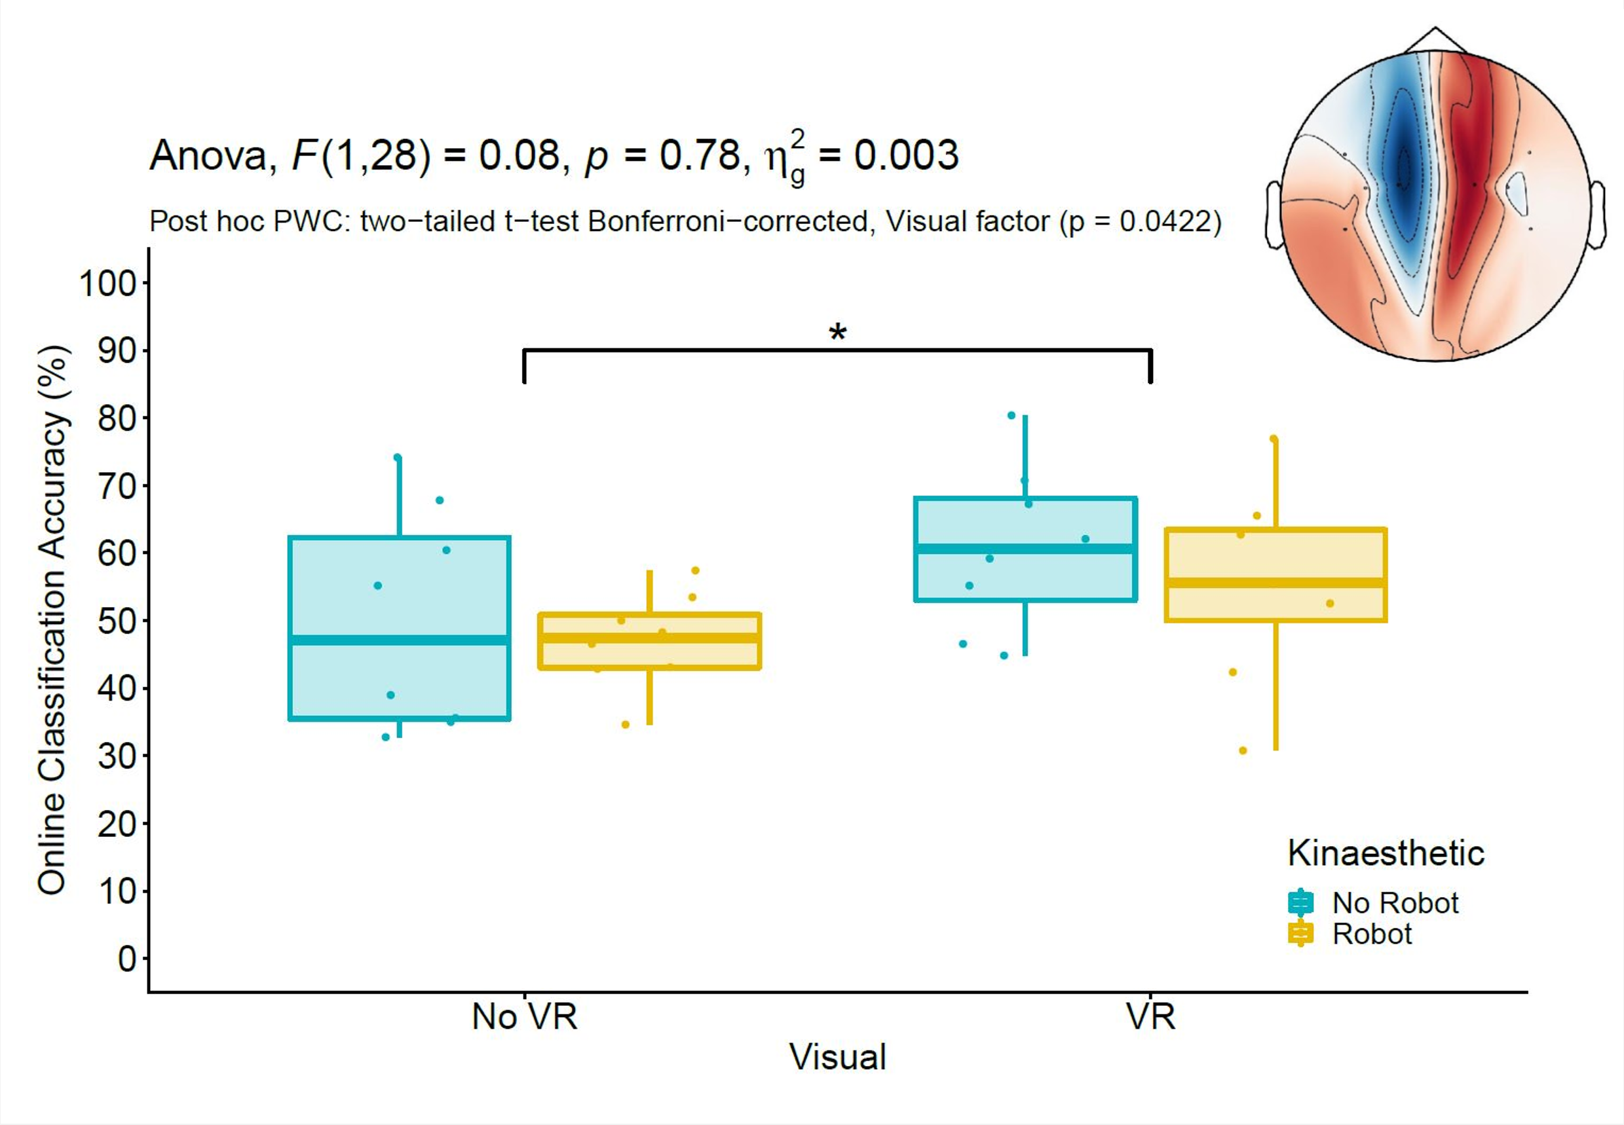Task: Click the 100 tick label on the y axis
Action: pyautogui.click(x=107, y=284)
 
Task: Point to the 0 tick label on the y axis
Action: pyautogui.click(x=127, y=959)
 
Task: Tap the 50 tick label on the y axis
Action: pyautogui.click(x=117, y=621)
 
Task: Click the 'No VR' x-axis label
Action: pyautogui.click(x=524, y=1016)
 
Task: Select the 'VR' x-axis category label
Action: pyautogui.click(x=1150, y=1016)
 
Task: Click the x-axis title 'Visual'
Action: pyautogui.click(x=837, y=1058)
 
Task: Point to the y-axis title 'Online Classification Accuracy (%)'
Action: pyautogui.click(x=52, y=620)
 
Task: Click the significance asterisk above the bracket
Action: pyautogui.click(x=837, y=332)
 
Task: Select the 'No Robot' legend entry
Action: pyautogui.click(x=1394, y=903)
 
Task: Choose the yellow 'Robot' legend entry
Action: pyautogui.click(x=1372, y=934)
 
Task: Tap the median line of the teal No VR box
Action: pyautogui.click(x=400, y=640)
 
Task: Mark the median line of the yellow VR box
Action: pyautogui.click(x=1275, y=583)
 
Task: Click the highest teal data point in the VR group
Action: pyautogui.click(x=1011, y=415)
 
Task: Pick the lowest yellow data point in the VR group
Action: pyautogui.click(x=1243, y=750)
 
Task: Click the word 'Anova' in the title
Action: pyautogui.click(x=210, y=155)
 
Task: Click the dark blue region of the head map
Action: pyautogui.click(x=1403, y=169)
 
